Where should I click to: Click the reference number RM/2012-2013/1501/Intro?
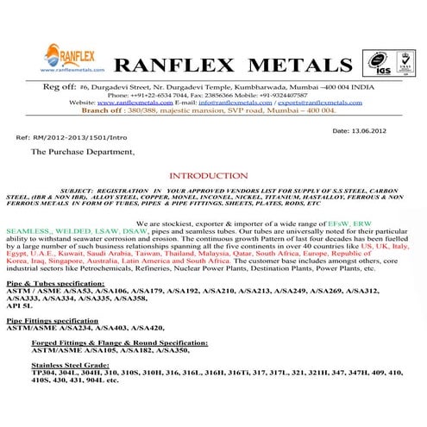click(76, 138)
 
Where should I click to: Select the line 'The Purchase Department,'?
click(83, 151)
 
